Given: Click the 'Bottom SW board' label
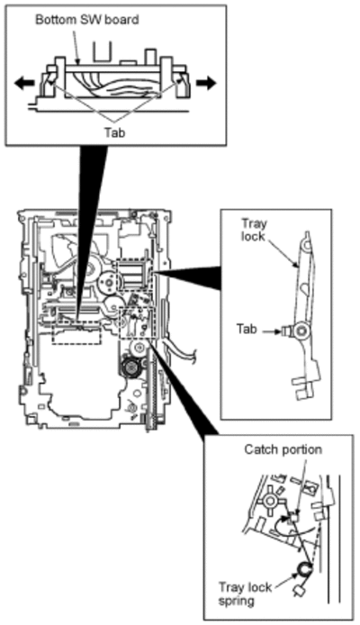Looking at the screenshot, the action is point(86,20).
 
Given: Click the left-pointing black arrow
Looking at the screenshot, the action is point(24,84).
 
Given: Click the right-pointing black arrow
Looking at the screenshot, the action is point(206,84).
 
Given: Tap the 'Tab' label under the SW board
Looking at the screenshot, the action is point(114,132).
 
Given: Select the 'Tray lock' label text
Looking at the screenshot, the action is point(253,230).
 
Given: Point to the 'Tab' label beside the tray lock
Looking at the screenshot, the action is point(247,330).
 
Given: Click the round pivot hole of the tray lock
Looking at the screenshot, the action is point(301,331).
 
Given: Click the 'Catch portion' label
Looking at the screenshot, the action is point(283,449).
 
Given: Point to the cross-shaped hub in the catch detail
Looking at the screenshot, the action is point(271,501).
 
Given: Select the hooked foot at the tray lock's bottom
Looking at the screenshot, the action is point(306,385).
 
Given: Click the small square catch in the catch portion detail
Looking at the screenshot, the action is point(293,518).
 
